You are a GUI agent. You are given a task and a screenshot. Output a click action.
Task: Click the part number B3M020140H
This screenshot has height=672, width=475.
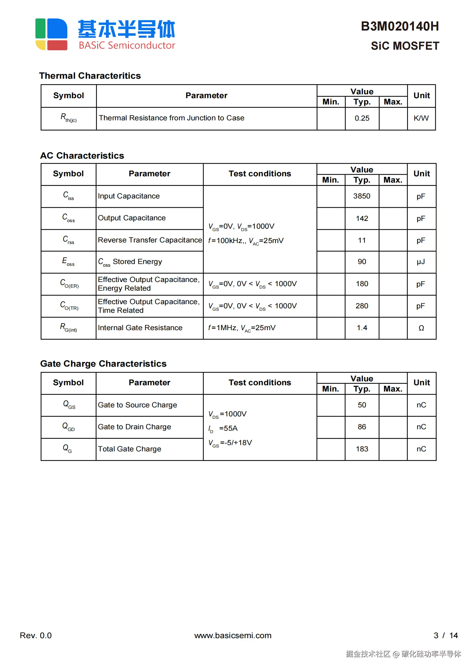click(400, 26)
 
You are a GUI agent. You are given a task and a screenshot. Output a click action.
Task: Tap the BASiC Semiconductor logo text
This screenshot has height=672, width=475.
click(127, 45)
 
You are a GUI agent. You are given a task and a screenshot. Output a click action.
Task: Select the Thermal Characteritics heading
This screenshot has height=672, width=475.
click(90, 76)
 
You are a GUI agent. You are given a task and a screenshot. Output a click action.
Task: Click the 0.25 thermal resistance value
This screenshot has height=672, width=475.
click(362, 118)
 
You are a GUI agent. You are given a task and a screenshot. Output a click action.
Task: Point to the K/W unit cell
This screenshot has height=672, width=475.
click(421, 118)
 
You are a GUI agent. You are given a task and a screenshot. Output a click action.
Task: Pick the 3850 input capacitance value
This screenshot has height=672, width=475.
click(362, 196)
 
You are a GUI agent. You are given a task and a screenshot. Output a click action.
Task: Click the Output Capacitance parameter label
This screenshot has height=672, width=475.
click(132, 218)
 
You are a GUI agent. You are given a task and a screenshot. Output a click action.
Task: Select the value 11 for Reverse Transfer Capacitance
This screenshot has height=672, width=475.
click(362, 240)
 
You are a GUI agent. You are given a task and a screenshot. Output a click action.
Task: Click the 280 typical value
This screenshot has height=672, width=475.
click(362, 306)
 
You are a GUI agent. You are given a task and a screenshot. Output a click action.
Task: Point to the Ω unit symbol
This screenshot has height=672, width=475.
click(421, 328)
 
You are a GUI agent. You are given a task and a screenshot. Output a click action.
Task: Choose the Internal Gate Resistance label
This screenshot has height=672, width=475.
click(140, 328)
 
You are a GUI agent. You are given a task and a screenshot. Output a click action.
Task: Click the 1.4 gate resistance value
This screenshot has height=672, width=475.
click(362, 328)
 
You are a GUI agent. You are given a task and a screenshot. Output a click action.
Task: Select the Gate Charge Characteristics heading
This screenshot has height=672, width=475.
click(103, 364)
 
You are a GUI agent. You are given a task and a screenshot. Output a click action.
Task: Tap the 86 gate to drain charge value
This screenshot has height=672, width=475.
click(362, 427)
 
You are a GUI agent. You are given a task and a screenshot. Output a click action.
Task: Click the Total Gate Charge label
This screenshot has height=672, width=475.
click(129, 449)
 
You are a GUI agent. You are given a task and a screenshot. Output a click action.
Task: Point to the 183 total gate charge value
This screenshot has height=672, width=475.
click(362, 449)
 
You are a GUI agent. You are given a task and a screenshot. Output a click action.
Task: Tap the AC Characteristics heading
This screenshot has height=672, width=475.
click(82, 156)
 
